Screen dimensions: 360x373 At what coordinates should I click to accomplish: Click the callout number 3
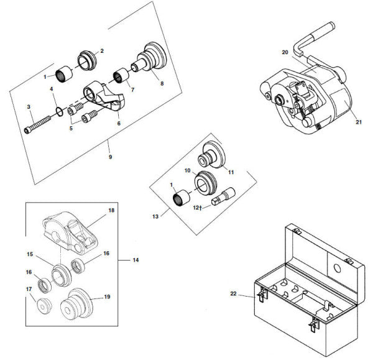[x=29, y=108]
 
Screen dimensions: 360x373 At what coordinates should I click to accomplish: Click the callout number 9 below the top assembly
[x=110, y=157]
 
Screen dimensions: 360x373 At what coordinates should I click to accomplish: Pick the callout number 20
[x=285, y=52]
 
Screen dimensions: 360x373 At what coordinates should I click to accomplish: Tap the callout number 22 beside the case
[x=234, y=293]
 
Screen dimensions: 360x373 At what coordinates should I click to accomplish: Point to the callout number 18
[x=111, y=211]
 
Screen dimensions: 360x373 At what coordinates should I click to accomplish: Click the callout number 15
[x=29, y=254]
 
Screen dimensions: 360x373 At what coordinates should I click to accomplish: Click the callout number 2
[x=102, y=50]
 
